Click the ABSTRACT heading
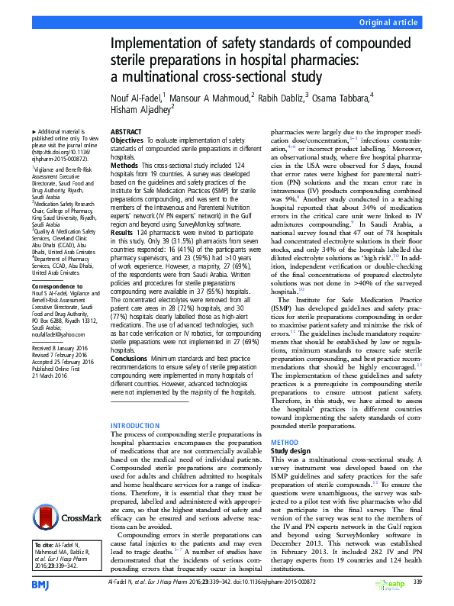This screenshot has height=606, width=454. pyautogui.click(x=126, y=131)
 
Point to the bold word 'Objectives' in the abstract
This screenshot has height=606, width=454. pyautogui.click(x=127, y=141)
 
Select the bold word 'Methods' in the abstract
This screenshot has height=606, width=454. pyautogui.click(x=124, y=165)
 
